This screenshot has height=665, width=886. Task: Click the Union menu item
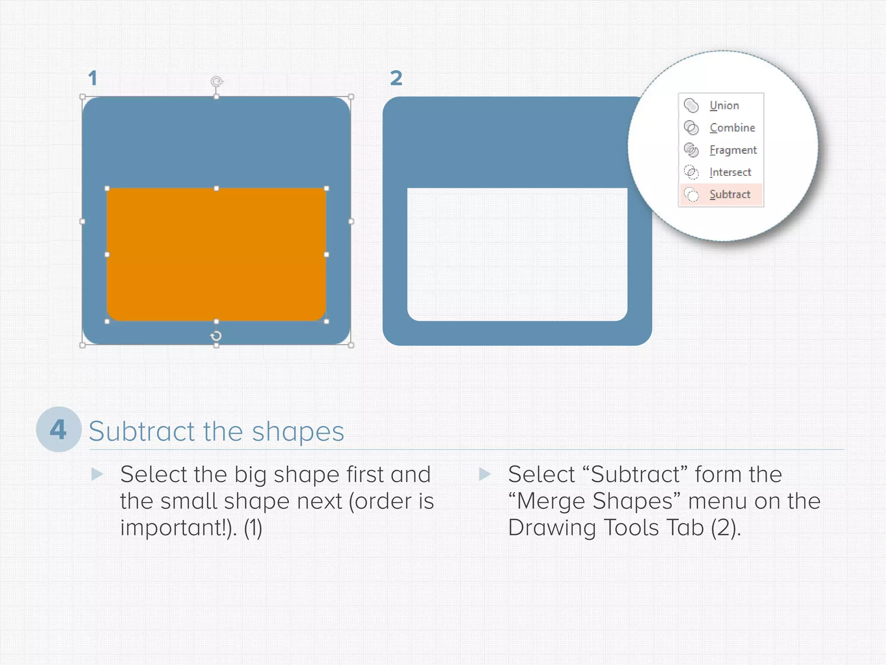point(724,106)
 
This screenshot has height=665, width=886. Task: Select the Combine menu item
point(732,128)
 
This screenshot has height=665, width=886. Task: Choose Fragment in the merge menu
point(732,150)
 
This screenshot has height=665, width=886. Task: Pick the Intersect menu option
point(730,172)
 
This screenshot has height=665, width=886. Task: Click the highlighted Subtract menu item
point(729,194)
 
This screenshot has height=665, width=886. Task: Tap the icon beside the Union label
point(691,105)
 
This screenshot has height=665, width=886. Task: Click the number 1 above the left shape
point(92,78)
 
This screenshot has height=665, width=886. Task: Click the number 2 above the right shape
point(396,78)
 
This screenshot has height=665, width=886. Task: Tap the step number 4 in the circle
point(58,429)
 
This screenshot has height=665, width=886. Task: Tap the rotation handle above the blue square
point(217,81)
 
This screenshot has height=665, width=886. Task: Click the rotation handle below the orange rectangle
point(216,336)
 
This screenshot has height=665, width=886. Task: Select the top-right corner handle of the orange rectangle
point(327,188)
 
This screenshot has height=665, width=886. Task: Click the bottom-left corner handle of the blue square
point(83,345)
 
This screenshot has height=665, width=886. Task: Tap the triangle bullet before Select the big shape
point(97,474)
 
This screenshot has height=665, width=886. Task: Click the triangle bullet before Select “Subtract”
point(485,474)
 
